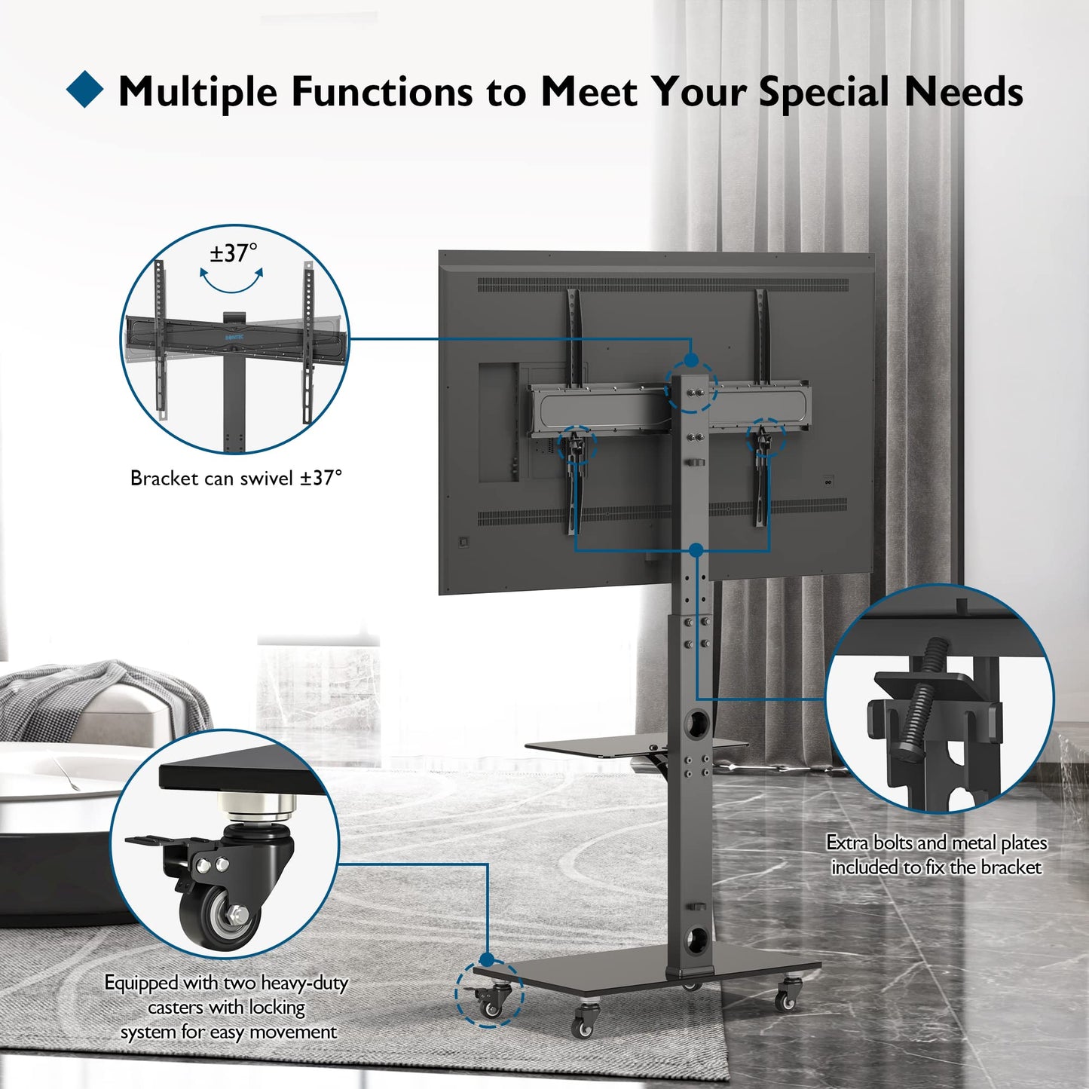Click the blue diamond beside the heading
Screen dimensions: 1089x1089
tap(84, 89)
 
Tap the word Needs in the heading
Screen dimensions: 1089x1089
tap(964, 90)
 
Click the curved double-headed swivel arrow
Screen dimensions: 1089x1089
tap(231, 285)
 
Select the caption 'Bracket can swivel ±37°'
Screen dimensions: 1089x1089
tap(236, 478)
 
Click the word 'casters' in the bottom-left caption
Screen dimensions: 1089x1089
tap(174, 1007)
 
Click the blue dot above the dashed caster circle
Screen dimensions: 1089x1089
tap(487, 959)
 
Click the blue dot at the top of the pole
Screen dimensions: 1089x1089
tap(690, 359)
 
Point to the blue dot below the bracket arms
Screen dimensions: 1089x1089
tap(696, 549)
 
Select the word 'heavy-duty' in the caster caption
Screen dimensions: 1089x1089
tap(307, 983)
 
